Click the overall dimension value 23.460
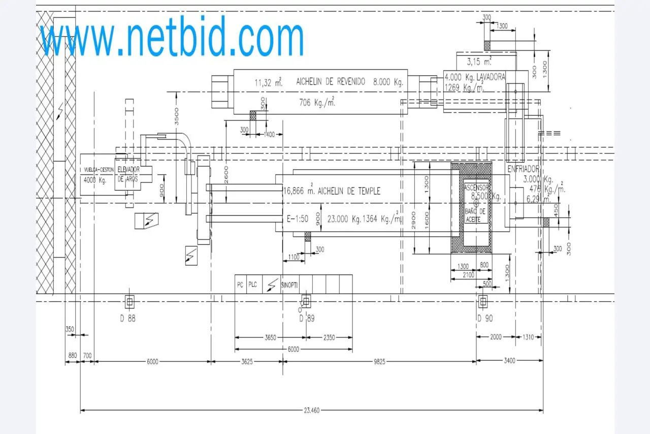click(312, 410)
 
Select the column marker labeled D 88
click(129, 302)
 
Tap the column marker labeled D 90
click(482, 302)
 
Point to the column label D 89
click(307, 319)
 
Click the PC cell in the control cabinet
click(240, 285)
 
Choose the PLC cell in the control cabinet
click(252, 285)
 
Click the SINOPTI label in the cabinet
click(289, 285)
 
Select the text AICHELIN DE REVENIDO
click(331, 81)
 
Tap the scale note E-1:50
click(298, 220)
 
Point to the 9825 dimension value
click(379, 361)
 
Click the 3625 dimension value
click(247, 361)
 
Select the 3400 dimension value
click(509, 360)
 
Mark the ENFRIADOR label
click(523, 168)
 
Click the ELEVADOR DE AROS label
click(128, 174)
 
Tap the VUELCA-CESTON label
click(99, 170)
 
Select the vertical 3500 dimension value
click(177, 116)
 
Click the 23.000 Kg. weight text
click(343, 220)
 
